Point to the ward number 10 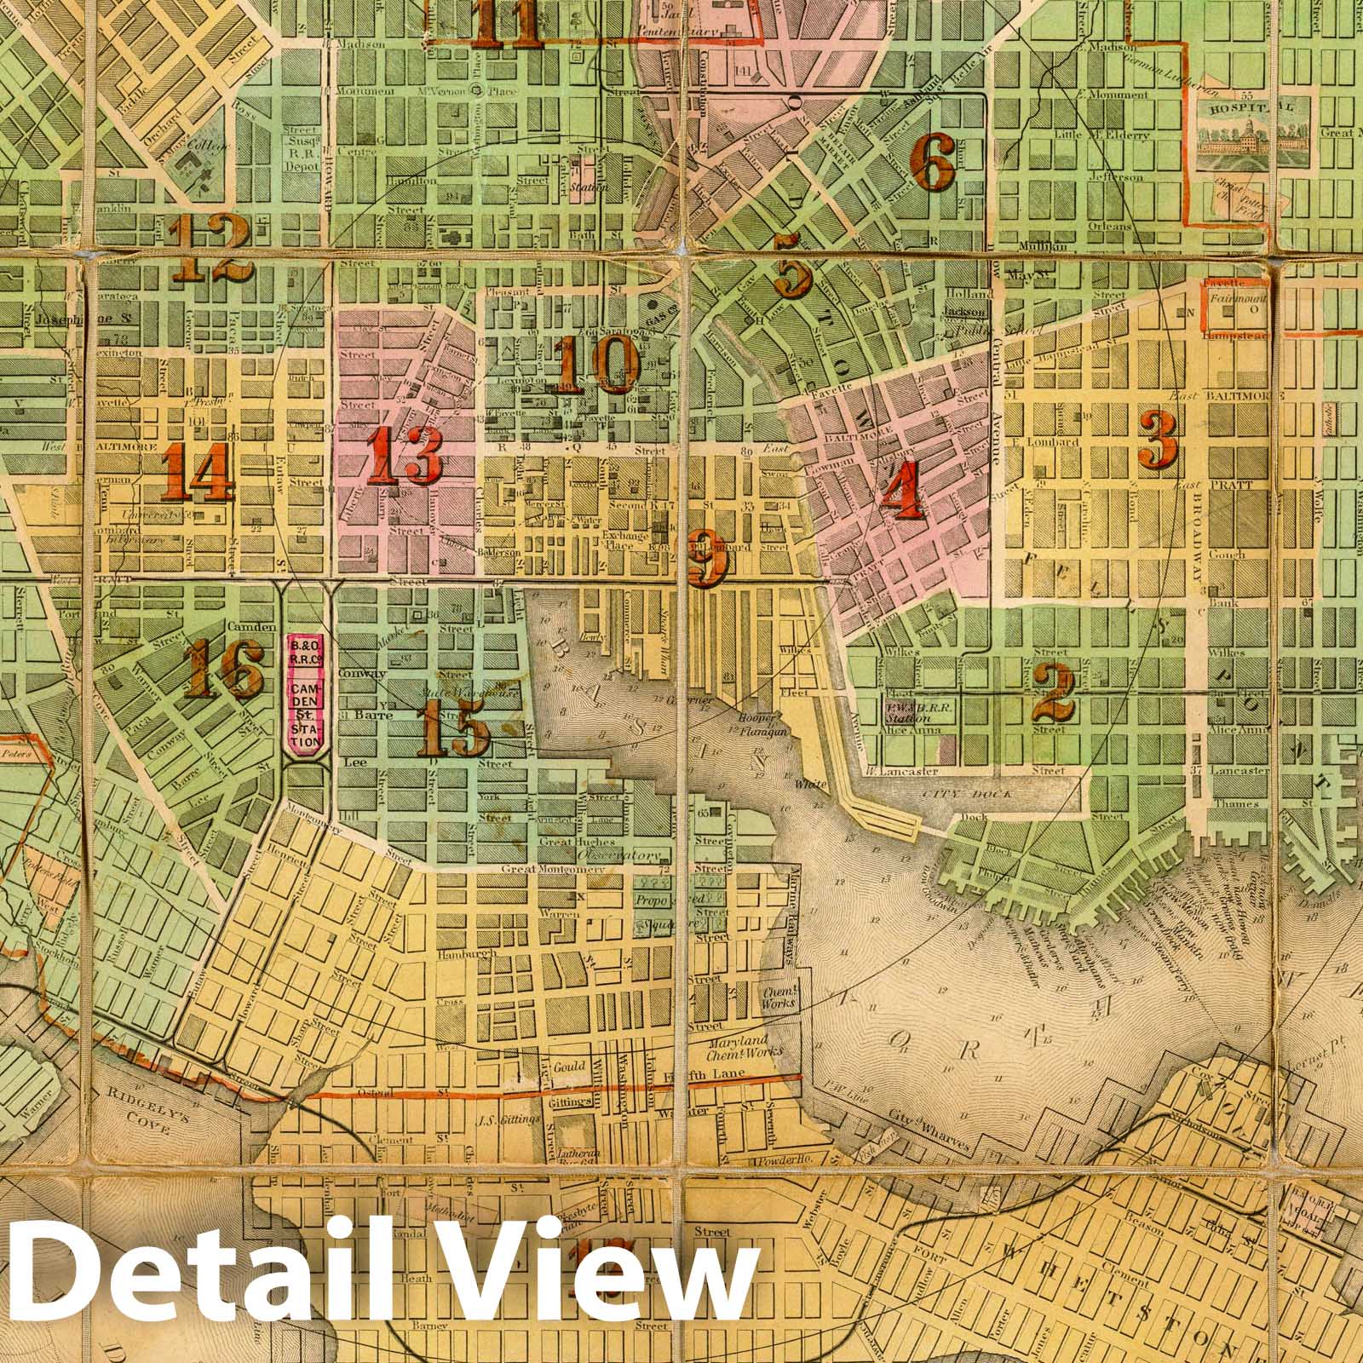point(599,364)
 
